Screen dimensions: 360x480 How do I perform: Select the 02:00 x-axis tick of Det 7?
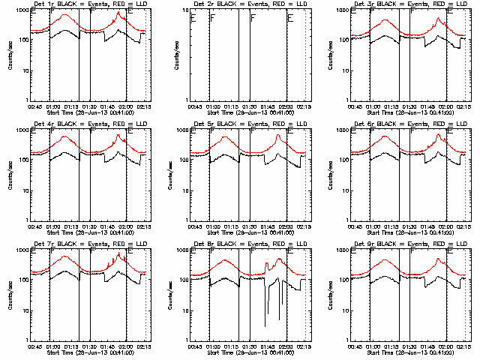(x=125, y=345)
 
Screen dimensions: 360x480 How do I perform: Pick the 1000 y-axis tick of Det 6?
(x=342, y=130)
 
